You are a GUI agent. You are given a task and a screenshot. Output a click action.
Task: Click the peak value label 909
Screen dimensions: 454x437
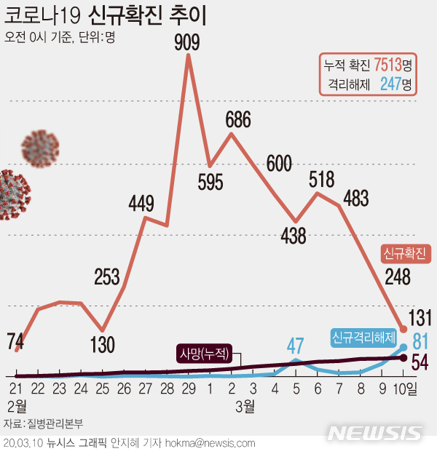[187, 43]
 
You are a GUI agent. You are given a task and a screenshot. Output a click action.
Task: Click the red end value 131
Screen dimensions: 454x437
[420, 318]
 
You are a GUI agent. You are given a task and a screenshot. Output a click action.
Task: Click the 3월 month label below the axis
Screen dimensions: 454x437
[245, 405]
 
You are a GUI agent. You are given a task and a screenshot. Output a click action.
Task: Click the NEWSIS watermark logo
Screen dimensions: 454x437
[374, 434]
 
